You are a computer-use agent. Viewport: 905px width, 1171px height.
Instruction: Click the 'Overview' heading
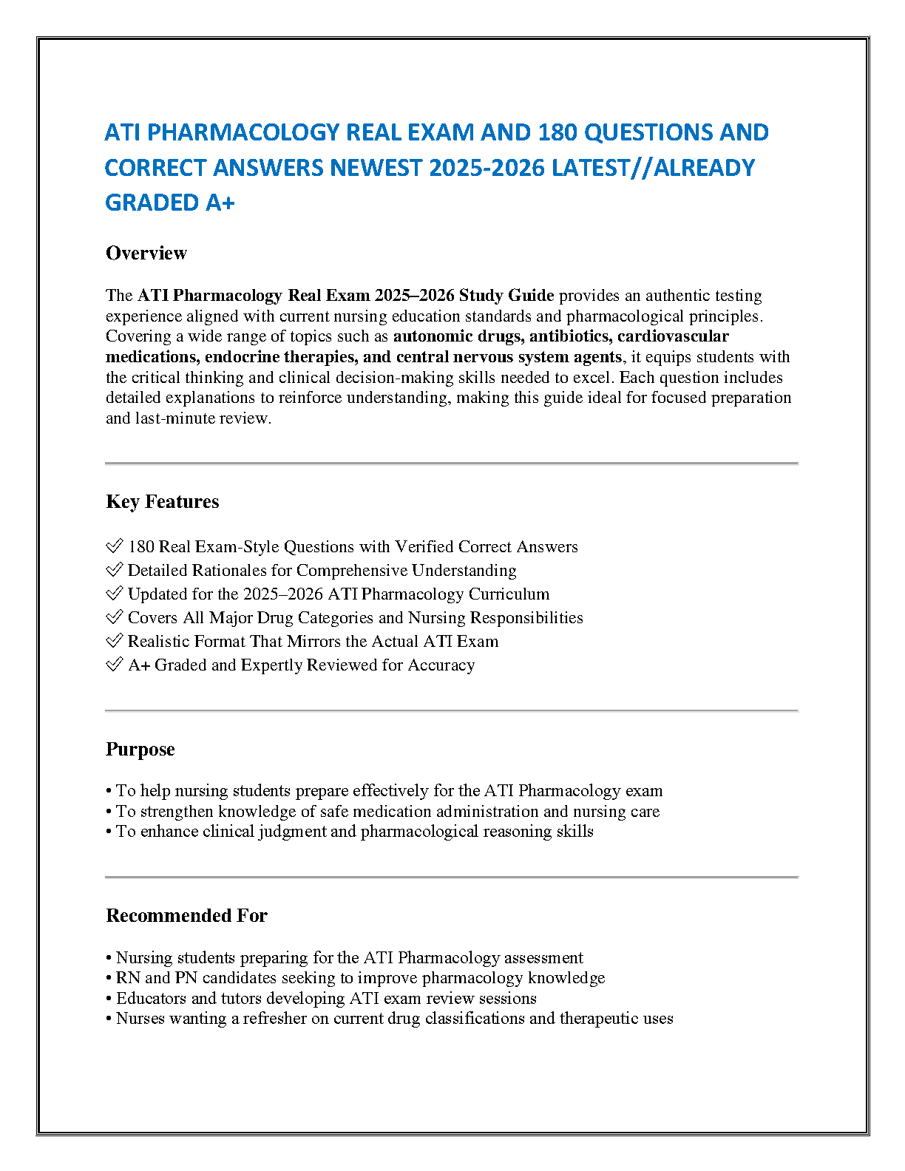[146, 254]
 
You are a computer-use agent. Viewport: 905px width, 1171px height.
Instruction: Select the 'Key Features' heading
[163, 502]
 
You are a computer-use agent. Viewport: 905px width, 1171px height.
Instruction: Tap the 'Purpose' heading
[140, 750]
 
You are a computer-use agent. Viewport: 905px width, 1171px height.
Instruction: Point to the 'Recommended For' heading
[186, 916]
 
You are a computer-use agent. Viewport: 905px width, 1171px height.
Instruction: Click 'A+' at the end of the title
[220, 203]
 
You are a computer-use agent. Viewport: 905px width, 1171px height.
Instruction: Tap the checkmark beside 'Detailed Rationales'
[114, 570]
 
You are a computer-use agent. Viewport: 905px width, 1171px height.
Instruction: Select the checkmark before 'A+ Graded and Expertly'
[114, 665]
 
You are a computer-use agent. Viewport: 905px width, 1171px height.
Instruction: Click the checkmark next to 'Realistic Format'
[114, 641]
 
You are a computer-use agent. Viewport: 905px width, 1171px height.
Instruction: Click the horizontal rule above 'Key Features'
[452, 463]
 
